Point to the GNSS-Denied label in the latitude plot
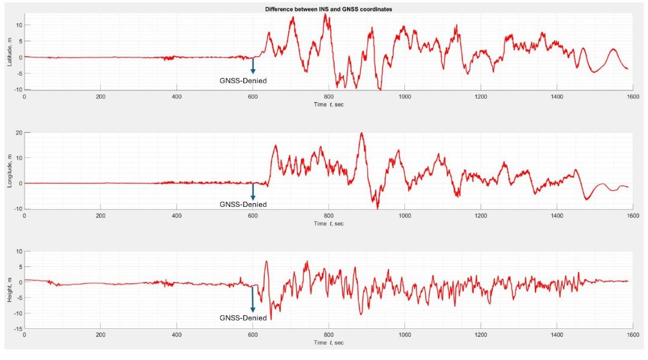[x=244, y=80]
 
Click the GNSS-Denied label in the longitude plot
[x=244, y=205]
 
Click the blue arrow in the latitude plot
[x=252, y=66]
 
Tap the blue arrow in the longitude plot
[x=252, y=191]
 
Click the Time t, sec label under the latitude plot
[x=328, y=104]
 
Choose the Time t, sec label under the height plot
[x=328, y=343]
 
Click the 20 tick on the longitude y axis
[x=18, y=132]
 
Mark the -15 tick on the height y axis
[x=17, y=328]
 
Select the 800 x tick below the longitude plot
[x=328, y=215]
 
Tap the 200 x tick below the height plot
[x=101, y=335]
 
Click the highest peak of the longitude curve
[x=361, y=133]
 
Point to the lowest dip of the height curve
[x=271, y=319]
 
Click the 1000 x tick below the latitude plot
[x=404, y=97]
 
